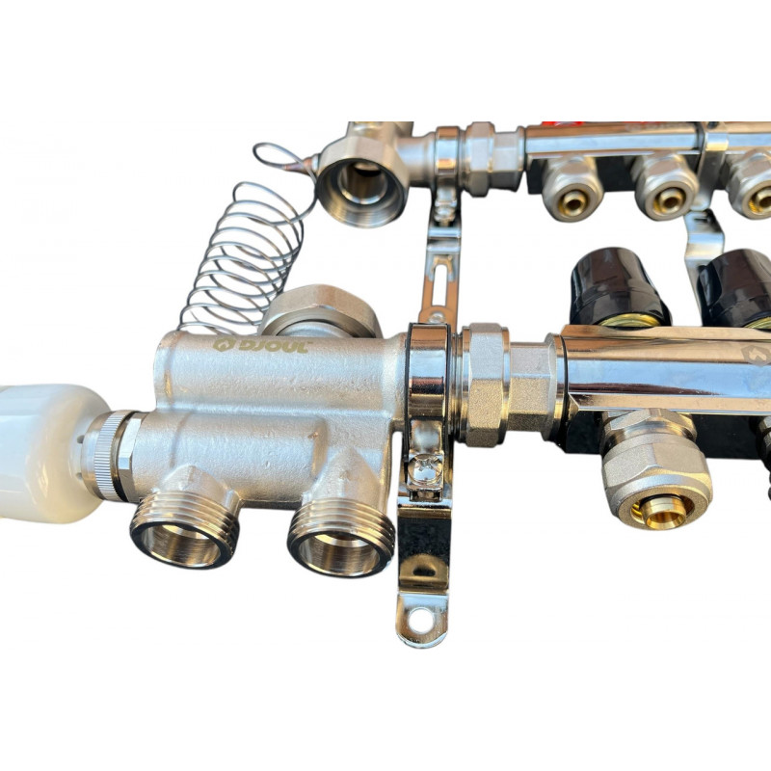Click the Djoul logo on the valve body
(x=260, y=345)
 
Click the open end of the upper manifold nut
(x=360, y=188)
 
